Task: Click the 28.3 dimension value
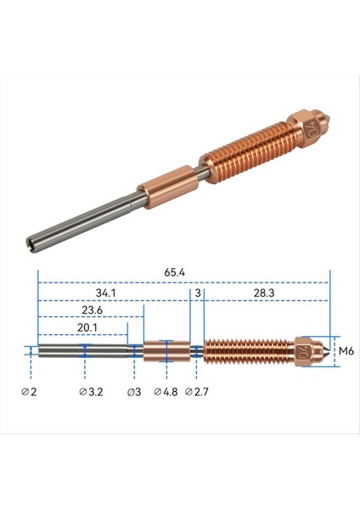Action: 262,293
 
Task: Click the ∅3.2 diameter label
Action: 91,391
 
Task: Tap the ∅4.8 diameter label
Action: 166,391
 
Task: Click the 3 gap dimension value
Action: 197,293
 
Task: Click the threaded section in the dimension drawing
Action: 247,350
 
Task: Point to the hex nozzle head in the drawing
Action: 307,350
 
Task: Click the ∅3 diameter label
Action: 133,391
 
